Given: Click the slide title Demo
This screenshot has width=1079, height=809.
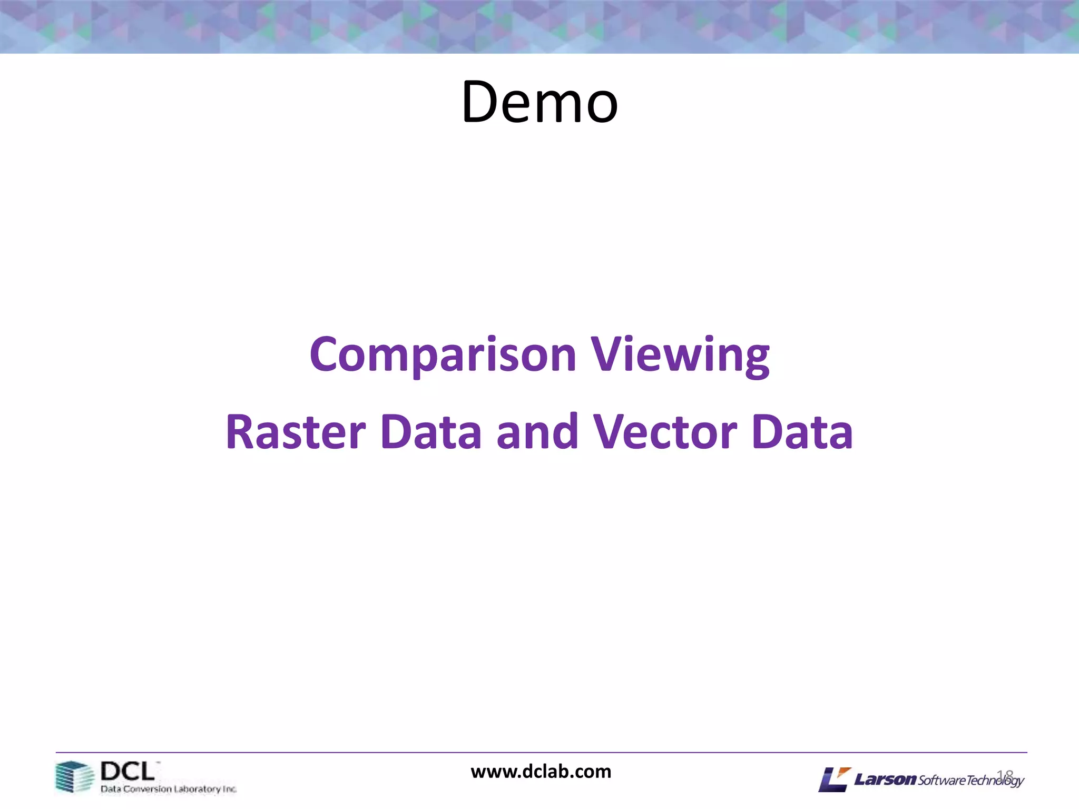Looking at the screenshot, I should click(x=539, y=102).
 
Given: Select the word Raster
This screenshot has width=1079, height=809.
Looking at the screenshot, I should click(x=296, y=432).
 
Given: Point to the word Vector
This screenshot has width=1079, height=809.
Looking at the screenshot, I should click(x=665, y=432).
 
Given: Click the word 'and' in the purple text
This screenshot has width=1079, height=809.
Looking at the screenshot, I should click(x=537, y=432).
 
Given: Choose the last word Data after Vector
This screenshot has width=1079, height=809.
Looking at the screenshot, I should click(x=802, y=432).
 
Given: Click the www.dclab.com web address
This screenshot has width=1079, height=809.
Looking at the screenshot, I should click(x=541, y=772).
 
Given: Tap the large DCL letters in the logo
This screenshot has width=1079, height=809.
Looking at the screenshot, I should click(x=127, y=772).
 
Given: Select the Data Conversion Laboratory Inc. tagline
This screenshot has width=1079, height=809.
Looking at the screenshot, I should click(x=169, y=789).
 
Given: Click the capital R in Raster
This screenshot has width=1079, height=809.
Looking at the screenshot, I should click(x=240, y=432).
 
